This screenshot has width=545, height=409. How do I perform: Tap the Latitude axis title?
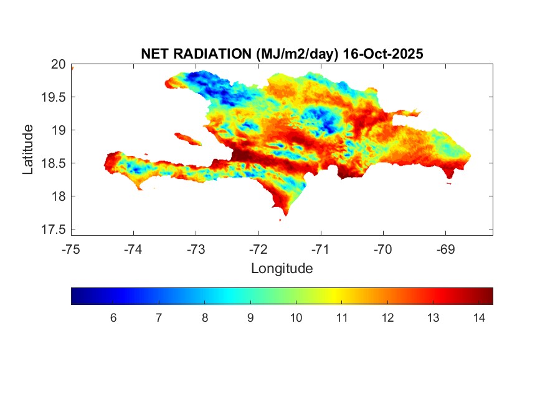(x=28, y=149)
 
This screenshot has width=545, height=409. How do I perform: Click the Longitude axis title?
(x=282, y=269)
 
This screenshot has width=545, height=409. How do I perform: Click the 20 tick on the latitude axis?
(x=59, y=64)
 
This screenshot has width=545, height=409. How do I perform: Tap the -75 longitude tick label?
(x=72, y=250)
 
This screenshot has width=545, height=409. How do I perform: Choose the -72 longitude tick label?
(x=258, y=250)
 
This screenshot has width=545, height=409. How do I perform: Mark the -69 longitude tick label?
(x=445, y=250)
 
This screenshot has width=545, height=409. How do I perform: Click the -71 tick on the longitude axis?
(x=321, y=250)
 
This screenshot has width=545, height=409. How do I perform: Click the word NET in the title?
(x=155, y=54)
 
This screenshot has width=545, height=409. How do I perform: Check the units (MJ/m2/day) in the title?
(x=298, y=54)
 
